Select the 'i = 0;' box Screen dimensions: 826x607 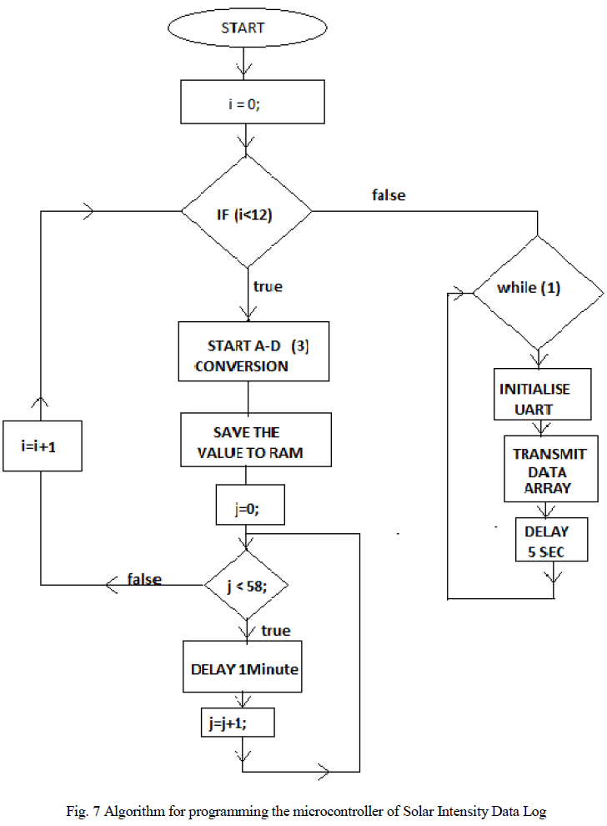tap(252, 107)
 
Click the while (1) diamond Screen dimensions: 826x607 tap(538, 290)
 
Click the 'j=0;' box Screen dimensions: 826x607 tap(248, 506)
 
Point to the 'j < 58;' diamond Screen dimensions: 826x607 tap(247, 585)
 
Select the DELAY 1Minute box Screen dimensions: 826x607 tap(243, 667)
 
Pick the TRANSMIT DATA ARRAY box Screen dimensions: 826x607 tap(550, 470)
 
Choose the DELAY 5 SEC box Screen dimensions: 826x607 tap(546, 541)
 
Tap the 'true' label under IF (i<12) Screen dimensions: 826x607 tap(268, 286)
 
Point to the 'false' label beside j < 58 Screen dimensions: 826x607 tap(144, 579)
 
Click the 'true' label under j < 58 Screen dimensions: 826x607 tap(275, 631)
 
